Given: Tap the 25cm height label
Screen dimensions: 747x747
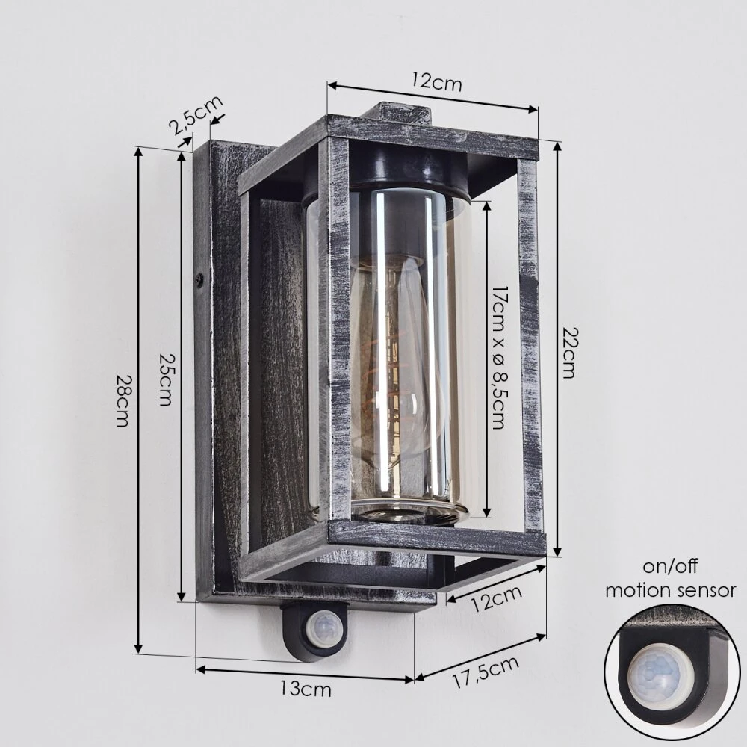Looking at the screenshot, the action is click(165, 379).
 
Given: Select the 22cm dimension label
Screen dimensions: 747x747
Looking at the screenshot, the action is click(568, 353).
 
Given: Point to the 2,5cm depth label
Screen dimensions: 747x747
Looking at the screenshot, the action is click(195, 114).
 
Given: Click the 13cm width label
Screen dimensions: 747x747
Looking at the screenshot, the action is click(306, 689).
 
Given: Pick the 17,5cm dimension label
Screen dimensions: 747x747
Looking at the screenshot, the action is click(485, 672).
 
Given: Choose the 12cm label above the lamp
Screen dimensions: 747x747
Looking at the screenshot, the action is click(437, 83).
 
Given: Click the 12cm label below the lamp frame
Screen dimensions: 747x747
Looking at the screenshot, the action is click(497, 598).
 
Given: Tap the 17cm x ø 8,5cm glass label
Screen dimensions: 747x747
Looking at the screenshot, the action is click(498, 358).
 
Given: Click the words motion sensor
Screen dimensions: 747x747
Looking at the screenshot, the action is click(670, 590).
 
